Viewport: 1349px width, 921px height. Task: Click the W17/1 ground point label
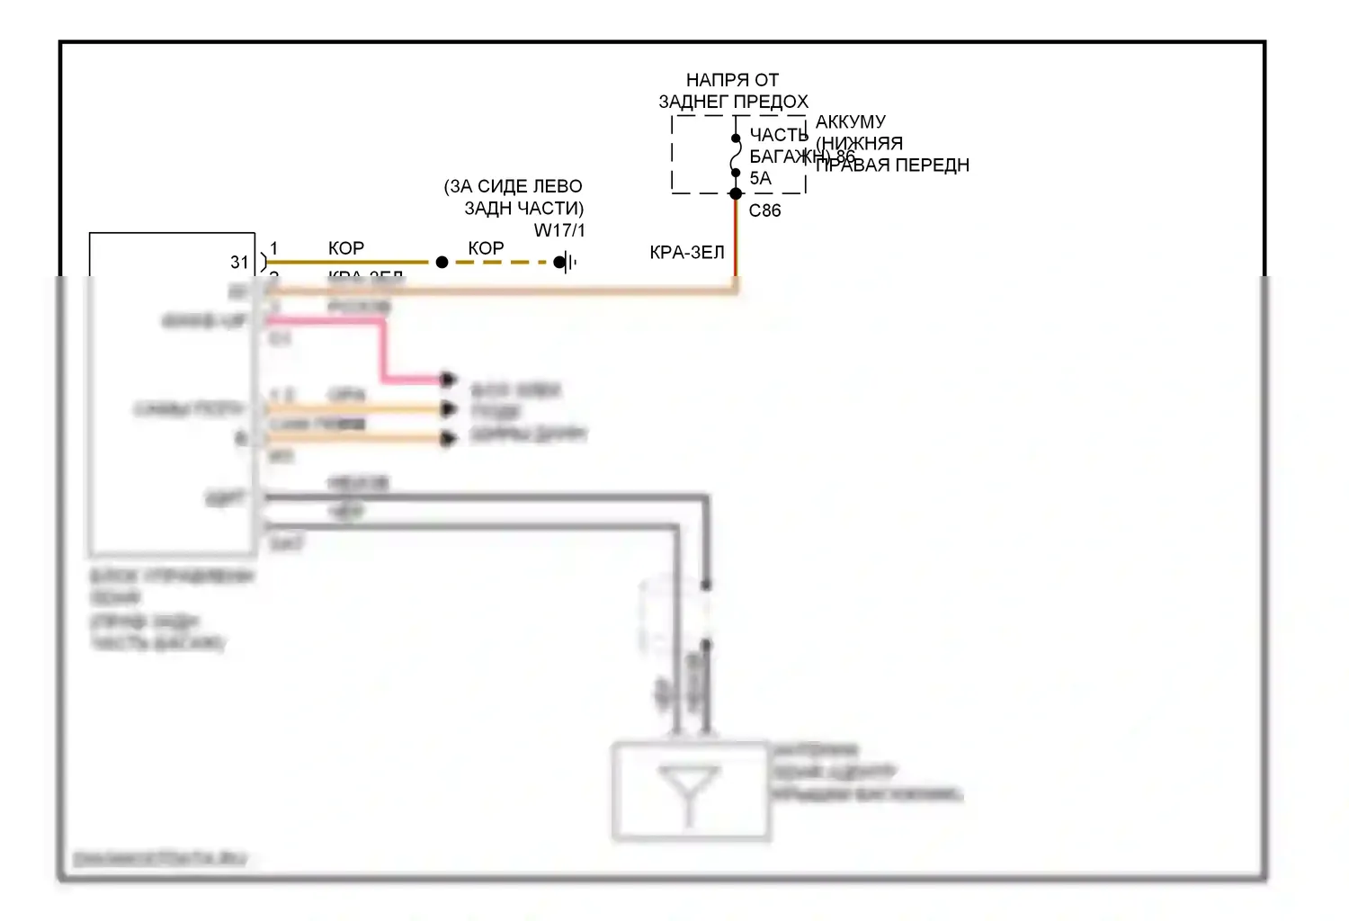coord(559,230)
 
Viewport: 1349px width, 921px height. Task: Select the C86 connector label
coord(764,210)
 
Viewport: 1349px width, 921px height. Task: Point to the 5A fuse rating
coord(761,178)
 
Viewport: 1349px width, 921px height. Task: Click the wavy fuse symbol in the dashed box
coord(736,156)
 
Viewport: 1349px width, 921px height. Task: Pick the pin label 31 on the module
coord(239,263)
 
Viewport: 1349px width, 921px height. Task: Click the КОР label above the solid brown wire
coord(346,248)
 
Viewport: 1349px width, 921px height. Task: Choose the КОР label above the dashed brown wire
coord(486,248)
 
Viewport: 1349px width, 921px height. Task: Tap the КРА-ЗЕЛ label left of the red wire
coord(687,253)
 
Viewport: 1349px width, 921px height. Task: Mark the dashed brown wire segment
coord(500,263)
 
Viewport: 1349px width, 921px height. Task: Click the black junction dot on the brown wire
coord(442,263)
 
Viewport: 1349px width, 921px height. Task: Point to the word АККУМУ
coord(851,121)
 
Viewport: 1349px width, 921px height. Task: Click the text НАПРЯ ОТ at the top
coord(732,80)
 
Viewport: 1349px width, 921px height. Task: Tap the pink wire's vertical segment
coord(384,351)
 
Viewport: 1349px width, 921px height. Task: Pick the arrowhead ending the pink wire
coord(449,379)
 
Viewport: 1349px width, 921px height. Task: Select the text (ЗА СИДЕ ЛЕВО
coord(513,186)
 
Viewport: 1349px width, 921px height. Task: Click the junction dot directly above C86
coord(736,193)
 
